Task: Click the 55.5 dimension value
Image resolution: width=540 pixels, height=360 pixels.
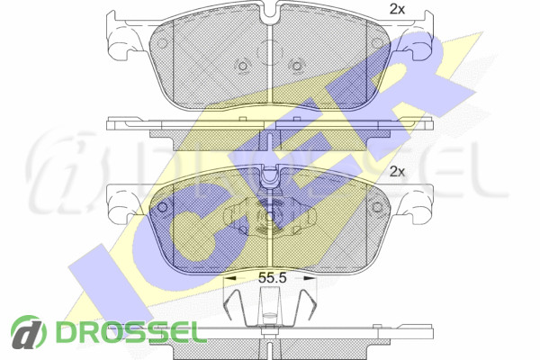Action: [273, 278]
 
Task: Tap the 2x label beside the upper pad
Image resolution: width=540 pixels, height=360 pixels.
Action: [397, 10]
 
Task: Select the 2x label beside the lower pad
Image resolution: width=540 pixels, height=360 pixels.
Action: [397, 172]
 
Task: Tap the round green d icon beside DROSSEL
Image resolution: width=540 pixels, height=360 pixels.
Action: [29, 332]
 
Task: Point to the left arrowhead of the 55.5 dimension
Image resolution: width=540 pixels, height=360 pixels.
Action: [229, 277]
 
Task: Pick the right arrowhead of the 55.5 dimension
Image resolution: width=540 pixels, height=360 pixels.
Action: [310, 277]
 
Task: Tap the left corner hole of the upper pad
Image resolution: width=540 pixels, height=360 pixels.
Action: [161, 43]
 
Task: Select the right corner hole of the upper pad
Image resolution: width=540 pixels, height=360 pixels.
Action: [377, 43]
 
